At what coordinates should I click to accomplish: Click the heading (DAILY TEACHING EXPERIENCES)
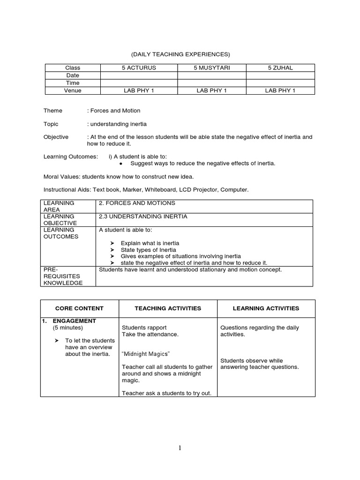tap(180, 54)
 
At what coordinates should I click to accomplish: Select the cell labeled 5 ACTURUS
tap(139, 68)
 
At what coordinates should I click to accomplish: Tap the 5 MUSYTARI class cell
tap(211, 68)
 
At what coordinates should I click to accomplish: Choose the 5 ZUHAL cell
tap(280, 68)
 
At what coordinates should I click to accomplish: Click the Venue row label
tap(73, 90)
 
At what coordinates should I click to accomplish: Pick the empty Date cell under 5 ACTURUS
tap(139, 75)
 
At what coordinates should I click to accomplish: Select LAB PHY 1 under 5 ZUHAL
tap(280, 90)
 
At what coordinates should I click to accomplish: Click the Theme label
tap(53, 111)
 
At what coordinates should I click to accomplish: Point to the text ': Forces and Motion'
tap(114, 111)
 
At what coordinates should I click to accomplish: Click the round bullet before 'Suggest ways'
tap(121, 164)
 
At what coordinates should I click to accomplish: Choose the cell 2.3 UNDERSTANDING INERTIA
tap(143, 217)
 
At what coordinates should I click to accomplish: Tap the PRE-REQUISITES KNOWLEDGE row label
tap(63, 276)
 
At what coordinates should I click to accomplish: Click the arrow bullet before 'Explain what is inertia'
tap(112, 243)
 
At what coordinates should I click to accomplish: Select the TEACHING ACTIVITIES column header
tap(168, 308)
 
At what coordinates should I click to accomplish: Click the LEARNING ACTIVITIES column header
tap(266, 308)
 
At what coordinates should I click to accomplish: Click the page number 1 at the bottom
tap(180, 448)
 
